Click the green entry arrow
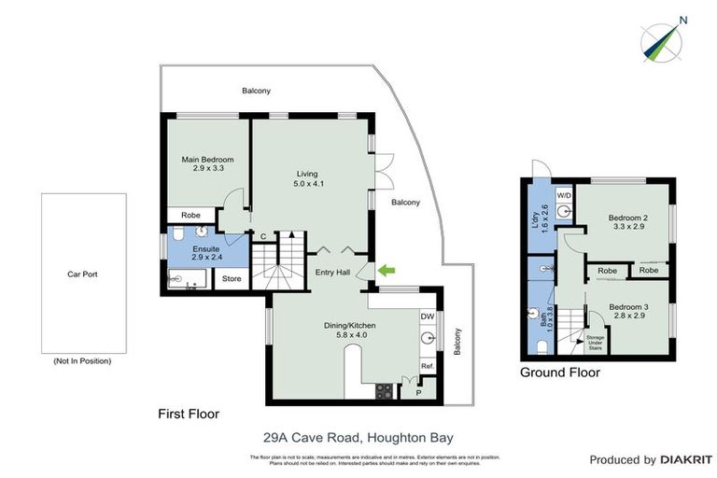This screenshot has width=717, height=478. (387, 271)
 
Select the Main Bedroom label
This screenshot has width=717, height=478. (207, 165)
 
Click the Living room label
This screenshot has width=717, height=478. (308, 178)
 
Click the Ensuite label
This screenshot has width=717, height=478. (205, 255)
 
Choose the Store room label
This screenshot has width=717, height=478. (232, 278)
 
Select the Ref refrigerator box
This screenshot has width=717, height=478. (428, 366)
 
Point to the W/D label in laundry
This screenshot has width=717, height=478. (563, 195)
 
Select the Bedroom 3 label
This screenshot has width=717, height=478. (627, 311)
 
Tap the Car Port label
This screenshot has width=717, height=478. (82, 274)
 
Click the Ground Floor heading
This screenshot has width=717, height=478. (560, 373)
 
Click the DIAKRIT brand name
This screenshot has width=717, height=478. (683, 460)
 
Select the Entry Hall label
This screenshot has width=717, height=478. (332, 273)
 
